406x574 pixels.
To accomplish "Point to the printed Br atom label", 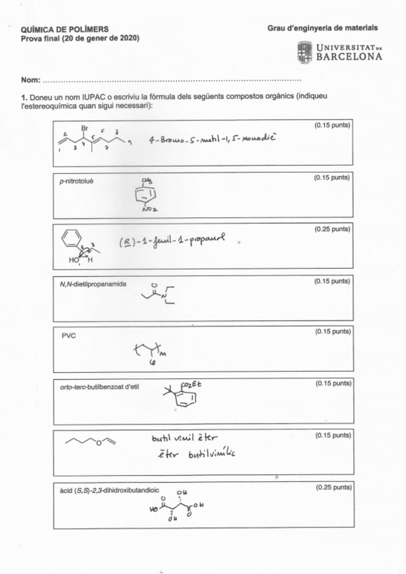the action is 85,128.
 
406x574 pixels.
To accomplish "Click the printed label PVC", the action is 68,335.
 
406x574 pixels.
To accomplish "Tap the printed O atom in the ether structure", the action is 98,443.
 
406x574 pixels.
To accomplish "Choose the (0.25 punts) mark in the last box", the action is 332,487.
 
